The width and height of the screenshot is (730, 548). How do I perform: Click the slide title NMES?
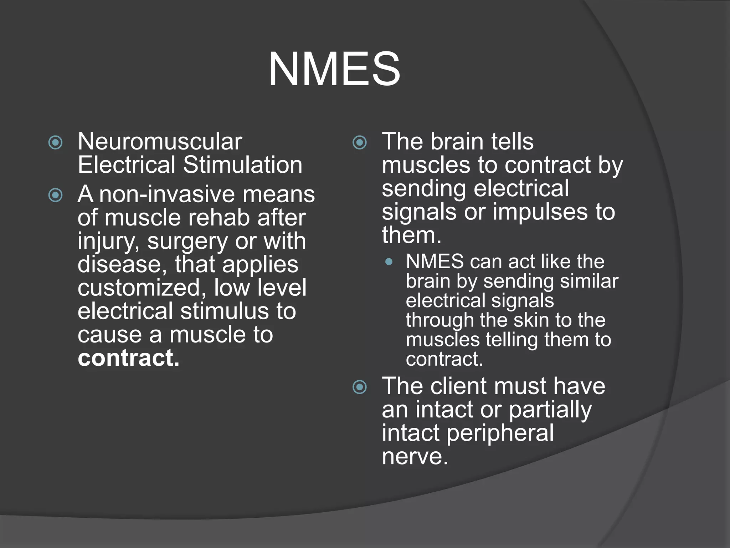[x=334, y=69]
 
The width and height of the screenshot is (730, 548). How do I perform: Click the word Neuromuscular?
[x=160, y=142]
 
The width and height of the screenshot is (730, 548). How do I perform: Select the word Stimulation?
[x=243, y=165]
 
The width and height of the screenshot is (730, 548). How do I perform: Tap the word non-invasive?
[x=167, y=194]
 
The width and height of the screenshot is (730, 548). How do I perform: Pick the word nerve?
[x=415, y=456]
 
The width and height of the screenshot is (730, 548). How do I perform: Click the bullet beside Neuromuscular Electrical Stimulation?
[x=55, y=143]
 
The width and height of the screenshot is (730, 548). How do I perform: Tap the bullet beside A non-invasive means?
[x=55, y=195]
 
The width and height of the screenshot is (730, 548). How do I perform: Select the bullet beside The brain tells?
[x=359, y=143]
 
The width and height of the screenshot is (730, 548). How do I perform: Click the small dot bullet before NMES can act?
[x=389, y=262]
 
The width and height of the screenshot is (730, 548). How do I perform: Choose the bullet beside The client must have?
[x=359, y=387]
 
